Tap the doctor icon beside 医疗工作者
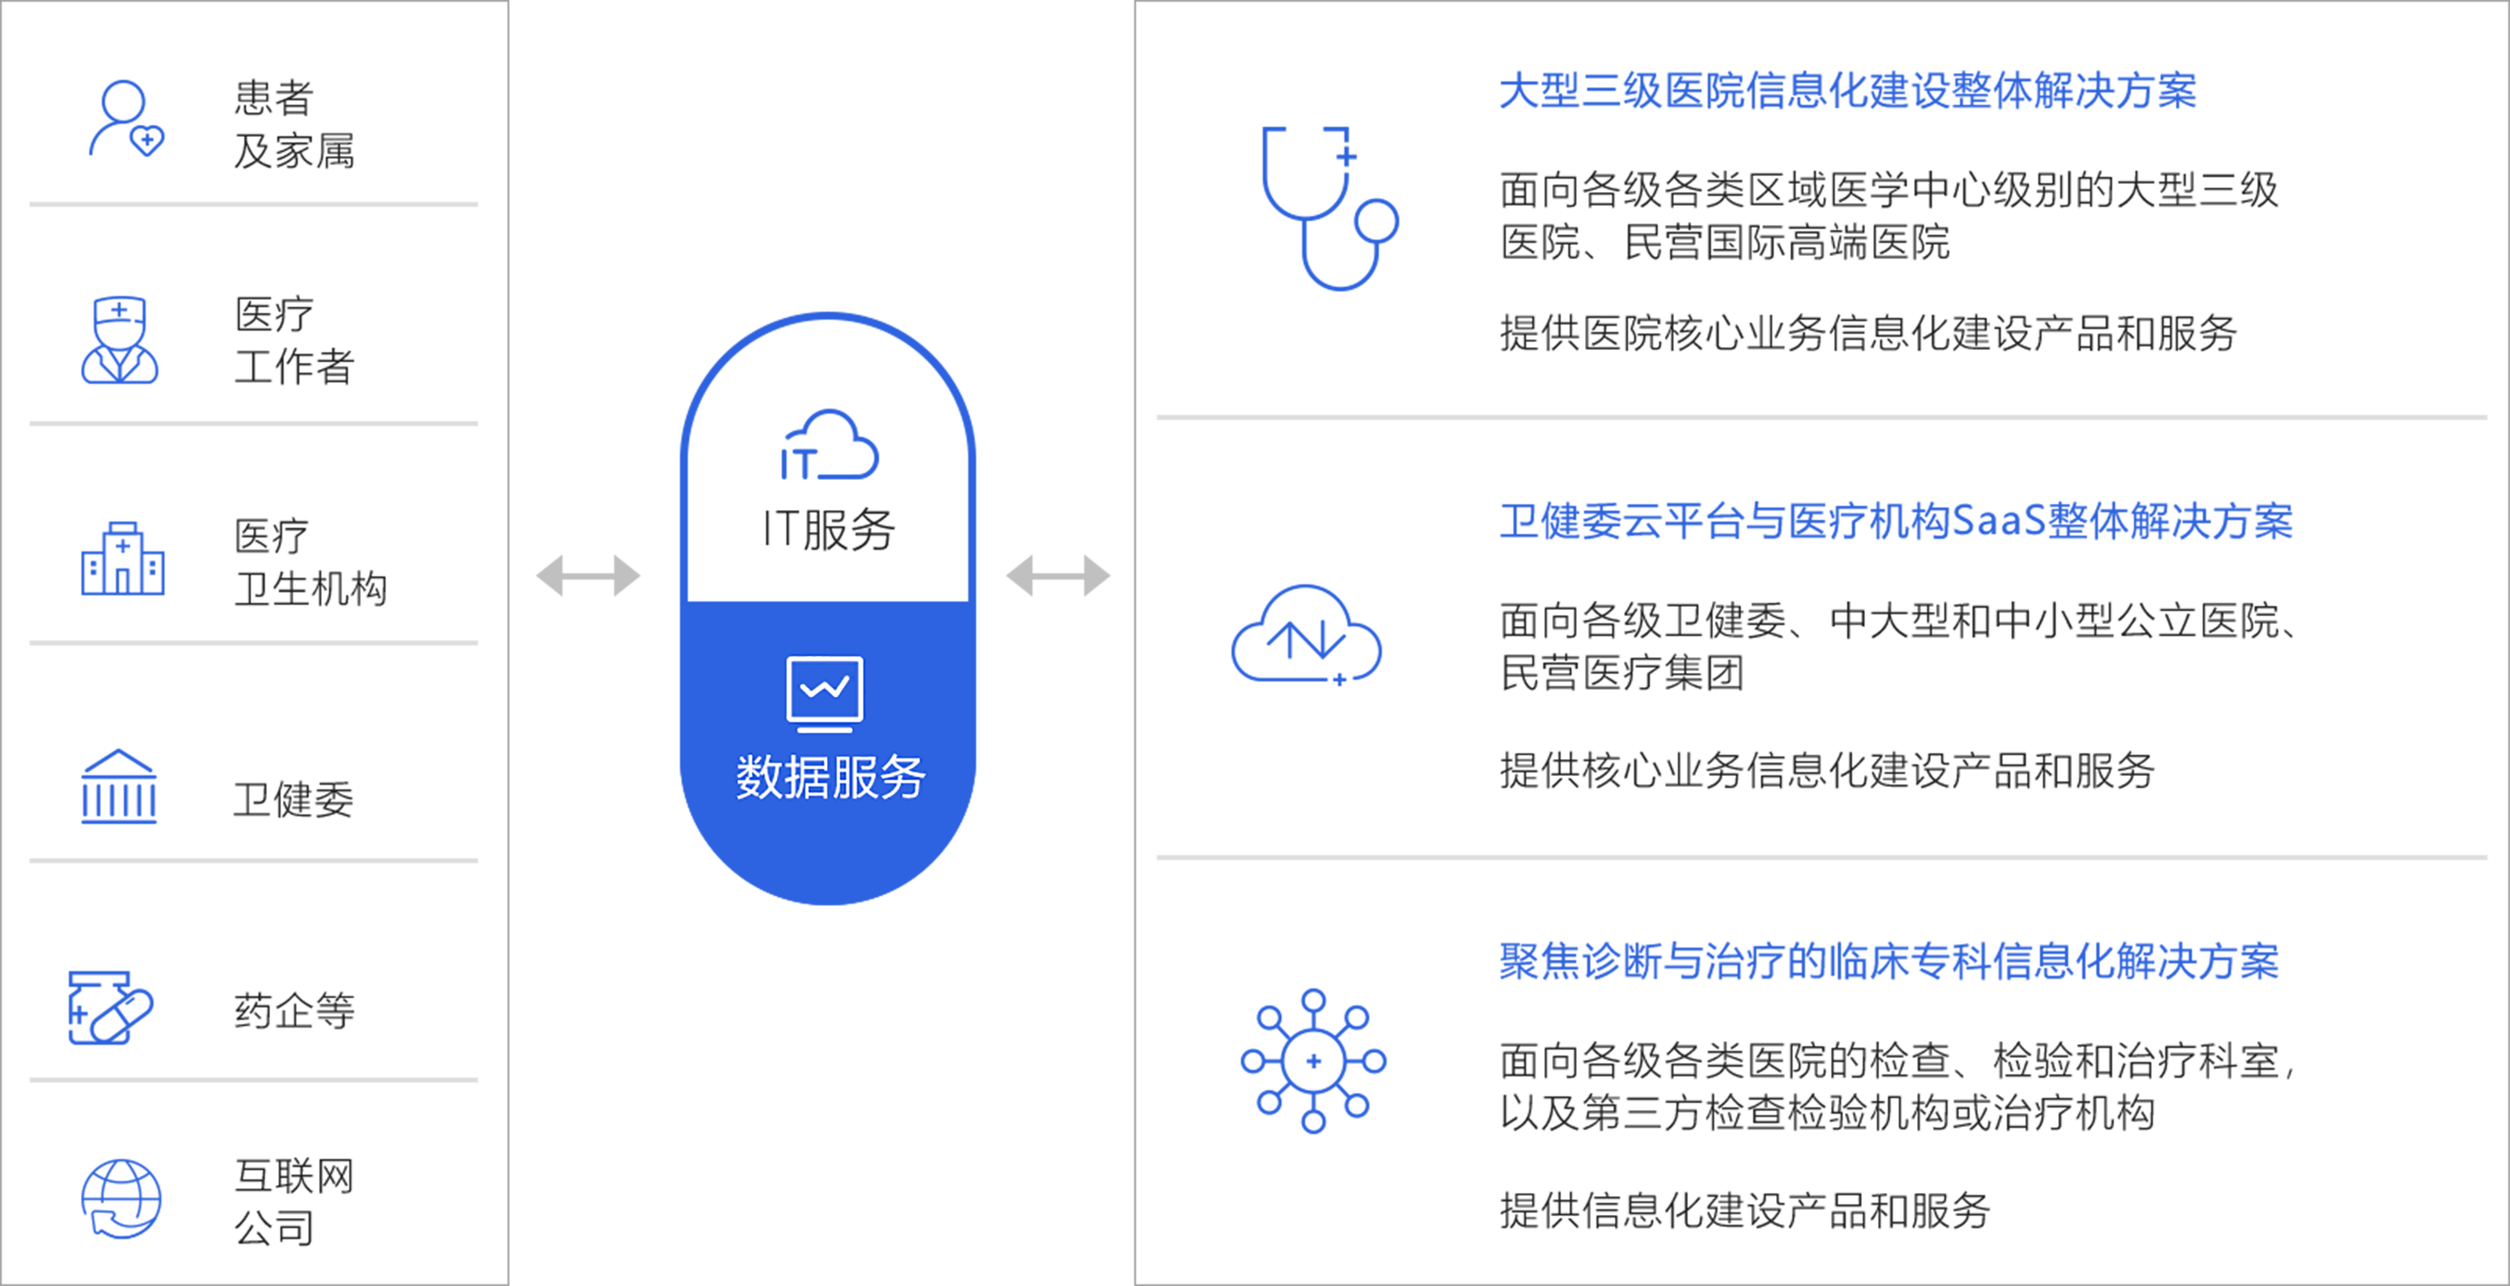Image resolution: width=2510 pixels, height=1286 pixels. pos(120,340)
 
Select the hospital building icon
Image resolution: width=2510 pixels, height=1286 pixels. pos(123,559)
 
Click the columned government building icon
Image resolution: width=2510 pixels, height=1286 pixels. pos(119,787)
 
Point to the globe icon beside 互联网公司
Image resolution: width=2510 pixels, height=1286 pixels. pos(121,1199)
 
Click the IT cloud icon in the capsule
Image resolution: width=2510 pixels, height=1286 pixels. pos(829,446)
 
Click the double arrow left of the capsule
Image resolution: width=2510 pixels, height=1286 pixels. pos(588,575)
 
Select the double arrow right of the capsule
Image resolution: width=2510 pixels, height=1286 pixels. pos(1058,575)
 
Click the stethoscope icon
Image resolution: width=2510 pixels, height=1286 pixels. pos(1329,208)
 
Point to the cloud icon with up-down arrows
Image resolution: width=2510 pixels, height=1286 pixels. pos(1306,635)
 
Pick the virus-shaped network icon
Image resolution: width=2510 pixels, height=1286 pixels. pos(1314,1061)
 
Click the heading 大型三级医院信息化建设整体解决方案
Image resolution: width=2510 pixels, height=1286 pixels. pos(1847,92)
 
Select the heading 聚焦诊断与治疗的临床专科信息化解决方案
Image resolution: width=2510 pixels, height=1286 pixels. pos(1888,962)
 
